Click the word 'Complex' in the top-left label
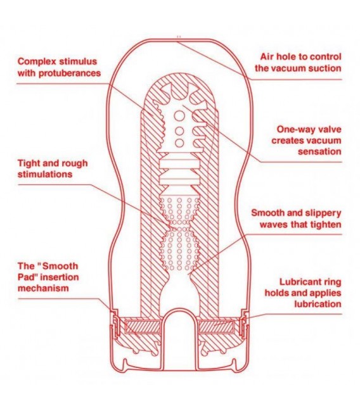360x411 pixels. pyautogui.click(x=36, y=61)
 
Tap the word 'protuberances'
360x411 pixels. pyautogui.click(x=70, y=73)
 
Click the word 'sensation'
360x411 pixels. pyautogui.click(x=319, y=151)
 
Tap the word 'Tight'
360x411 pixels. pyautogui.click(x=27, y=163)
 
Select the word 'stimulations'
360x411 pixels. pyautogui.click(x=44, y=174)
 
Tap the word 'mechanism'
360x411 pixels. pyautogui.click(x=43, y=288)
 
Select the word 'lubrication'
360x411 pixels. pyautogui.click(x=318, y=304)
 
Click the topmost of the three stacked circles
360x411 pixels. pyautogui.click(x=179, y=116)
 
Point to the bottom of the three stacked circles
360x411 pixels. pyautogui.click(x=179, y=143)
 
